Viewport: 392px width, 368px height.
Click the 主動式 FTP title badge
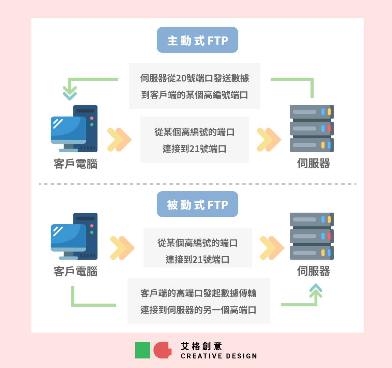197,40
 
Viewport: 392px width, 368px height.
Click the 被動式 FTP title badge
197,204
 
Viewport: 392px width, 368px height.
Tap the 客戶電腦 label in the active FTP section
75,164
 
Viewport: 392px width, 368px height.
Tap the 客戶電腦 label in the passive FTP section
75,272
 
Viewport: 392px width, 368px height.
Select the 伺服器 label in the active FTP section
313,164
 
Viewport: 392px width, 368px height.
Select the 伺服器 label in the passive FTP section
313,271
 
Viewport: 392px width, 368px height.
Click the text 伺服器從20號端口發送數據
195,78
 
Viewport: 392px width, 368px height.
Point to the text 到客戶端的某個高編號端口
195,95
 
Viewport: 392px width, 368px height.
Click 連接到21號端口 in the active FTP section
195,149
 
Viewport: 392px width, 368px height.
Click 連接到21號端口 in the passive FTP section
197,260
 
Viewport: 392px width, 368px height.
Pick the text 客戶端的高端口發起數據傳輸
198,293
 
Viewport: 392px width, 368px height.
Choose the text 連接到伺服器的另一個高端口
198,310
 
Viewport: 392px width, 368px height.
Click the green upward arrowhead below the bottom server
316,291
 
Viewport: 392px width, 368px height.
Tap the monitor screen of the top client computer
68,128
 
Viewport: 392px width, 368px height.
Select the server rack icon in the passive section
312,236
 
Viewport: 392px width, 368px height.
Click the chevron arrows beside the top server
269,140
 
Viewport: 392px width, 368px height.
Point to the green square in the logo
142,350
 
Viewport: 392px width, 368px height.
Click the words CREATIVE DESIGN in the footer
219,356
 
